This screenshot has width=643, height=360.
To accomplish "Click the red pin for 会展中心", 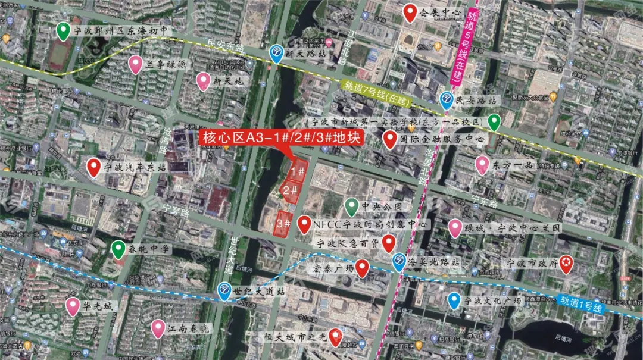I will pos(410,12).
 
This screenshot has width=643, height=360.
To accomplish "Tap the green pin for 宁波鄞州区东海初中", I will pos(62,31).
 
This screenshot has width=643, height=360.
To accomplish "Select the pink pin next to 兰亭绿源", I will pos(136,64).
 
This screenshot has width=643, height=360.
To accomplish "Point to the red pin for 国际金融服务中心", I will pos(390,140).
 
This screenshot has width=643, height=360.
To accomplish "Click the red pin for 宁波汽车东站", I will pos(93,167).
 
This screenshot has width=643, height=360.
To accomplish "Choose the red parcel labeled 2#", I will pos(291,190).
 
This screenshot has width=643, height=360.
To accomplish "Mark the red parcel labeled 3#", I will pos(285,224).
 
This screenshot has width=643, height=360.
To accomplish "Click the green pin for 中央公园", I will pos(351,206).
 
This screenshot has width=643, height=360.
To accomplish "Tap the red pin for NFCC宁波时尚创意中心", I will pos(304,224).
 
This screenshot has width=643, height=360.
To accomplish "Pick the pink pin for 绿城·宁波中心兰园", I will pos(455,227).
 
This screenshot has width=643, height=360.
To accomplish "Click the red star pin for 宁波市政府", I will pos(566,262).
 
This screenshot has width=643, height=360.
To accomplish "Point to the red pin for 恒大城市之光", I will pos(336,337).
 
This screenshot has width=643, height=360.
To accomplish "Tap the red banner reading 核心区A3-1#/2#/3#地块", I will pos(282,138).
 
